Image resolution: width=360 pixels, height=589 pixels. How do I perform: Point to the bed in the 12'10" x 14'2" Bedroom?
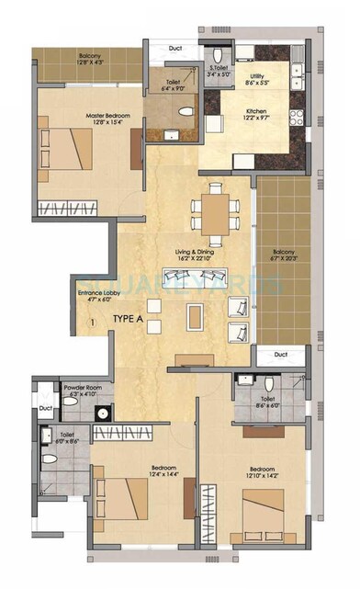pyautogui.click(x=268, y=510)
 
